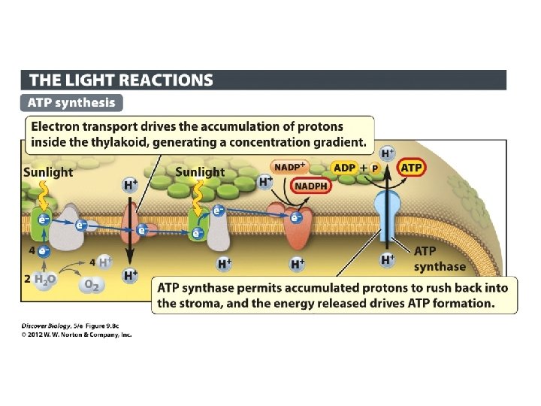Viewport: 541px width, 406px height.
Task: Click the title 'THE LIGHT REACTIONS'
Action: pyautogui.click(x=120, y=80)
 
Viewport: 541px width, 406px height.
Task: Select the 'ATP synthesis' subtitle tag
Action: pyautogui.click(x=72, y=102)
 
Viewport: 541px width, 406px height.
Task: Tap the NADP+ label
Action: pyautogui.click(x=289, y=167)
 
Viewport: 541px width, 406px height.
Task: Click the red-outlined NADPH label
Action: pyautogui.click(x=310, y=185)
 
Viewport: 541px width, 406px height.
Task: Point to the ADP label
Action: pyautogui.click(x=344, y=168)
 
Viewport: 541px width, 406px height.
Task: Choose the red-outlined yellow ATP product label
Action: pyautogui.click(x=411, y=167)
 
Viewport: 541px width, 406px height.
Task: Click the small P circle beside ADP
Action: pyautogui.click(x=374, y=168)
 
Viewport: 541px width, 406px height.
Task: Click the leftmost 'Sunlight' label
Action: pyautogui.click(x=48, y=172)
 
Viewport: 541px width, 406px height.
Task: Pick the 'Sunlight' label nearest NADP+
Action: pyautogui.click(x=200, y=172)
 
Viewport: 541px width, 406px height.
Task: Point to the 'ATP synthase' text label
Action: pyautogui.click(x=440, y=259)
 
